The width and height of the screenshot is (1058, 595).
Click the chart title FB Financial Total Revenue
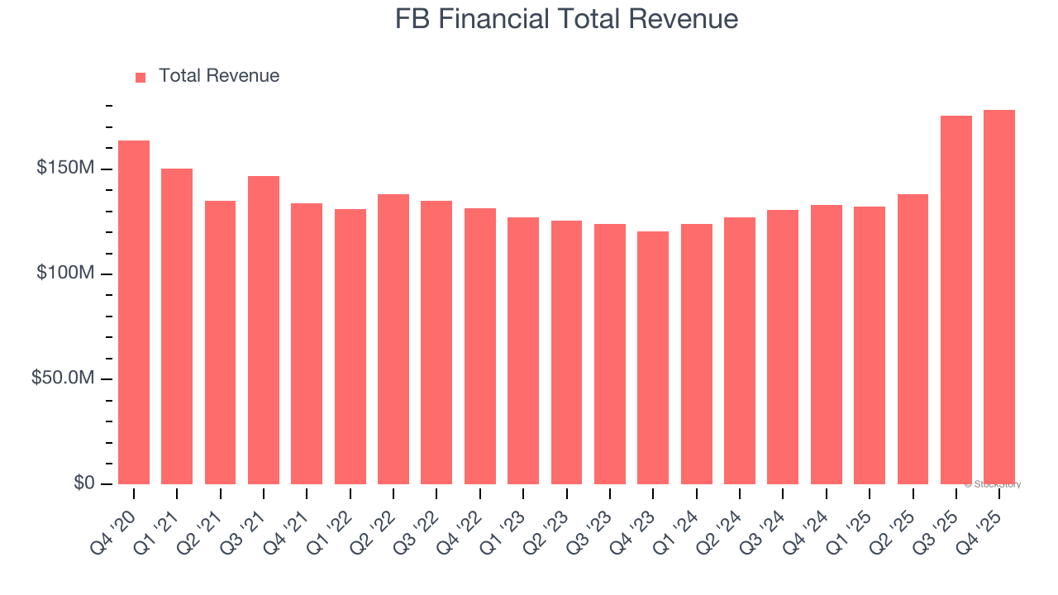(x=566, y=19)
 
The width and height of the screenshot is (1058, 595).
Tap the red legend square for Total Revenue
(x=141, y=77)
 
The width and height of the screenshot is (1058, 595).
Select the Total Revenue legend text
(x=218, y=76)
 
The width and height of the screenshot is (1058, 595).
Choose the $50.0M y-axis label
(x=63, y=378)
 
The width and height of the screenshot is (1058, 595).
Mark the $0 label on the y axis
(x=83, y=483)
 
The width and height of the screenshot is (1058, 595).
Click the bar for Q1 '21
(x=177, y=326)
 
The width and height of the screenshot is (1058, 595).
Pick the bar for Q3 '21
(x=264, y=330)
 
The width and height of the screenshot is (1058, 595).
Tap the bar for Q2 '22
(x=393, y=339)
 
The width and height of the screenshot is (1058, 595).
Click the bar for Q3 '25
(x=956, y=299)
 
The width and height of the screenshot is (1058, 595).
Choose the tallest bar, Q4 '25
(x=999, y=297)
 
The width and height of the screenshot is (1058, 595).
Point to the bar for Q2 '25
(x=913, y=339)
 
